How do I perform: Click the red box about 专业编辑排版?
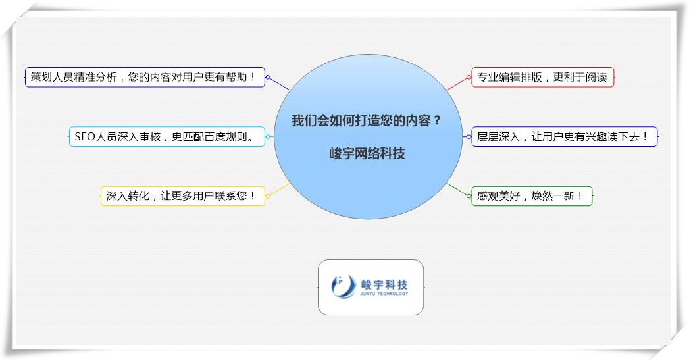point(543,77)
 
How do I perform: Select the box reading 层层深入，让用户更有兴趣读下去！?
point(564,137)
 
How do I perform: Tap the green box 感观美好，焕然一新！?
point(532,195)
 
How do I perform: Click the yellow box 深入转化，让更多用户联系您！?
point(182,195)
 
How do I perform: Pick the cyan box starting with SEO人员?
point(167,137)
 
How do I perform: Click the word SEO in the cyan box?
point(86,137)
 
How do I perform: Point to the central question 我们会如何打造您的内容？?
point(367,121)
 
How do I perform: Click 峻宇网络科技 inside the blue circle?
point(367,154)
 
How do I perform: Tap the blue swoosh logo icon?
point(343,287)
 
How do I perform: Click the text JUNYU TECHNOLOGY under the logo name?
point(384,294)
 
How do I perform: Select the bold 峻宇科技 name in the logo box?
point(384,284)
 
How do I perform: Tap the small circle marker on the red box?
point(469,77)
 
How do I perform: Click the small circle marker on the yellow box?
point(268,195)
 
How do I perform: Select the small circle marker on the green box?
point(469,195)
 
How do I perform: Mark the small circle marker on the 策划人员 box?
point(268,77)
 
